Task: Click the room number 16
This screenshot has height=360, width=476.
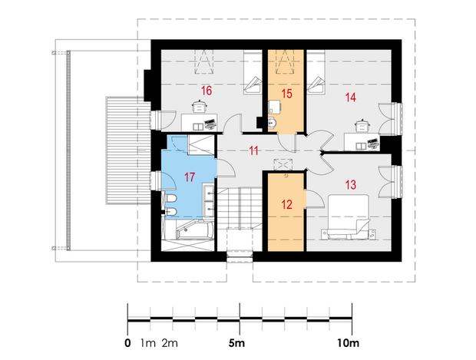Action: pos(207,91)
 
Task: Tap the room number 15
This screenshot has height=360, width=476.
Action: pos(286,94)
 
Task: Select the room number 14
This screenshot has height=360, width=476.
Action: pos(350,97)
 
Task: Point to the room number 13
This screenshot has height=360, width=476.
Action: pos(351,184)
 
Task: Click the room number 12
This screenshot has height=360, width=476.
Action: pos(286,204)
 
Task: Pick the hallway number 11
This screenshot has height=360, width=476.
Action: pos(253,150)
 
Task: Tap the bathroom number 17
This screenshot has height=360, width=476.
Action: pos(190,177)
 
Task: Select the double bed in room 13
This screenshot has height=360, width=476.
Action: pos(349,216)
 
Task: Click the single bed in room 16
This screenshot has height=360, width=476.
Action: pos(253,72)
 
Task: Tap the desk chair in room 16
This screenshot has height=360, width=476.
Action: pos(200,106)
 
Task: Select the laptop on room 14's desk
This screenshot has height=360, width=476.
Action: pos(373,143)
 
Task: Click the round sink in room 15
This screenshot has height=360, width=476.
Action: pos(273,123)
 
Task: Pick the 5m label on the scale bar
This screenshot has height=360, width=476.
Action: pos(236,343)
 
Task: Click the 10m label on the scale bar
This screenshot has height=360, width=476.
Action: pos(348,343)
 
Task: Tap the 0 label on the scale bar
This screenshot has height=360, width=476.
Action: pos(127,343)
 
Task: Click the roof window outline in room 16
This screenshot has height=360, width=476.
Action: pos(203,62)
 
